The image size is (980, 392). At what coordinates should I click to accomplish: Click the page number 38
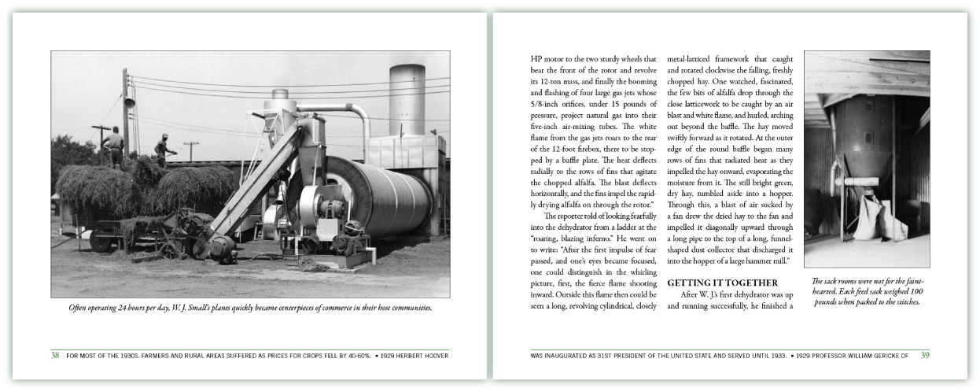pos(55,355)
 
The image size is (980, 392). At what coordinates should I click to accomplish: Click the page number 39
pos(925,355)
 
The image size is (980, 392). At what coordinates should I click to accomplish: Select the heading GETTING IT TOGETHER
pos(722,283)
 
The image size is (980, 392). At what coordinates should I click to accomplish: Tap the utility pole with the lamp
pos(126,102)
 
